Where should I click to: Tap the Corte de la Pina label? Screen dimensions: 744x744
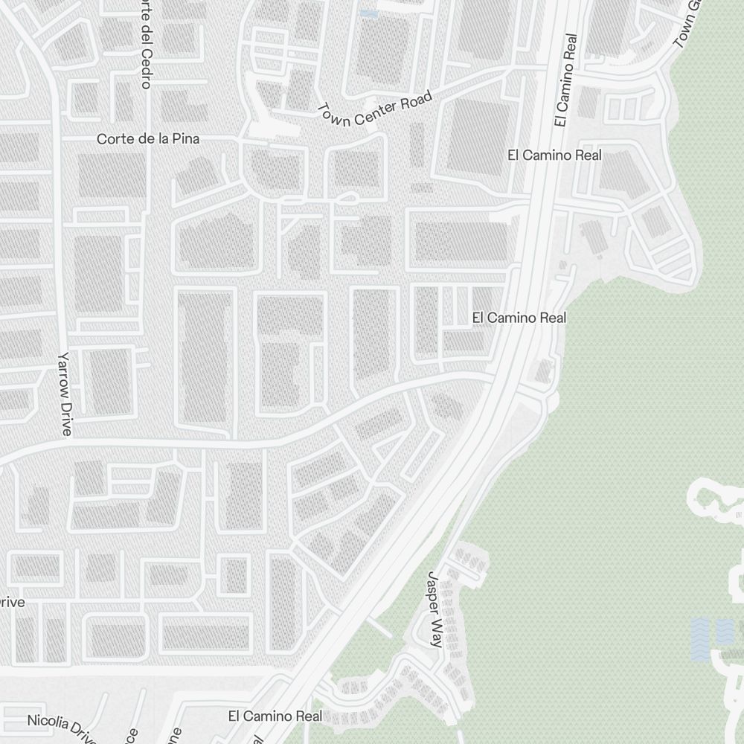pyautogui.click(x=149, y=139)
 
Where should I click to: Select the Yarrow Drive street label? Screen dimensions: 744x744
pyautogui.click(x=65, y=394)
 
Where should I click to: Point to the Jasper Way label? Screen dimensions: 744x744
pyautogui.click(x=434, y=609)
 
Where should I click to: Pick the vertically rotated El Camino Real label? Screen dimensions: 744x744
pyautogui.click(x=565, y=80)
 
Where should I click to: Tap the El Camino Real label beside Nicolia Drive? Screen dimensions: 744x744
pyautogui.click(x=275, y=716)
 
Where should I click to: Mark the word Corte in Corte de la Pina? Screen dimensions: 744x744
pyautogui.click(x=113, y=139)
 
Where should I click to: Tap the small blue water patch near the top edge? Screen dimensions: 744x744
pyautogui.click(x=368, y=13)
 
